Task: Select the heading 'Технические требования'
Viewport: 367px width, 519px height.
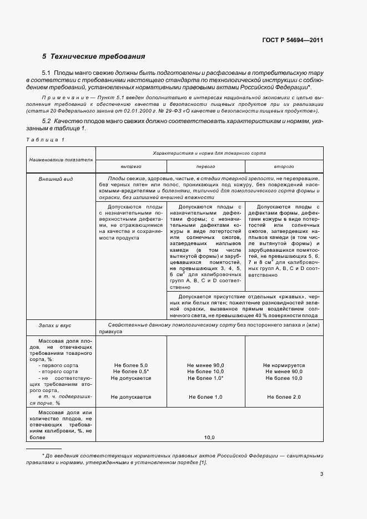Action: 98,57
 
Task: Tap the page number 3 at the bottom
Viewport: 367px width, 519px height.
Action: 321,474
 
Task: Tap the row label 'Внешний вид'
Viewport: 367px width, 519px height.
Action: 52,180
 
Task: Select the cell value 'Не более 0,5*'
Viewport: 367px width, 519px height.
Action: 131,372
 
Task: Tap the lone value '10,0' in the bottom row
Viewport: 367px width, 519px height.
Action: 209,437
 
